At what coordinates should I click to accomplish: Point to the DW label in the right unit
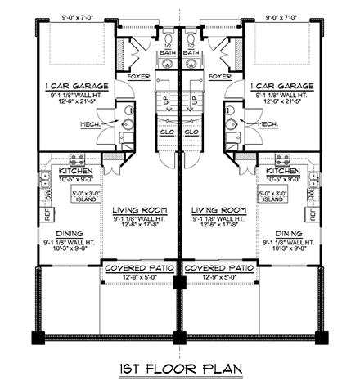(x=309, y=194)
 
